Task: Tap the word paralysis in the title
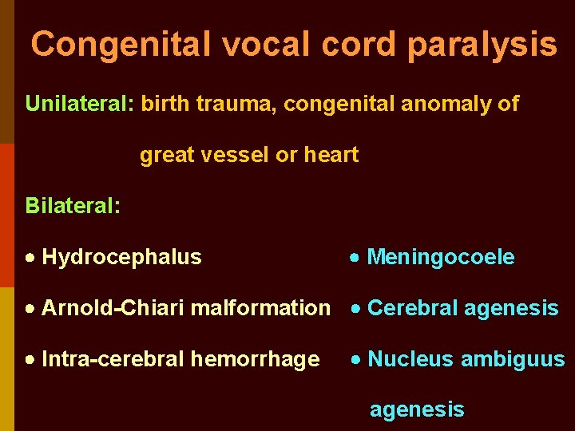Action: pyautogui.click(x=482, y=44)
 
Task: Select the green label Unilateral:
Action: pyautogui.click(x=80, y=104)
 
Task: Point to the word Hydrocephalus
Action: pyautogui.click(x=121, y=257)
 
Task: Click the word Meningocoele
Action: pyautogui.click(x=441, y=257)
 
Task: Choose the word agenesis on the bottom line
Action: pyautogui.click(x=416, y=410)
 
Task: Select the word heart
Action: pyautogui.click(x=331, y=155)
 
